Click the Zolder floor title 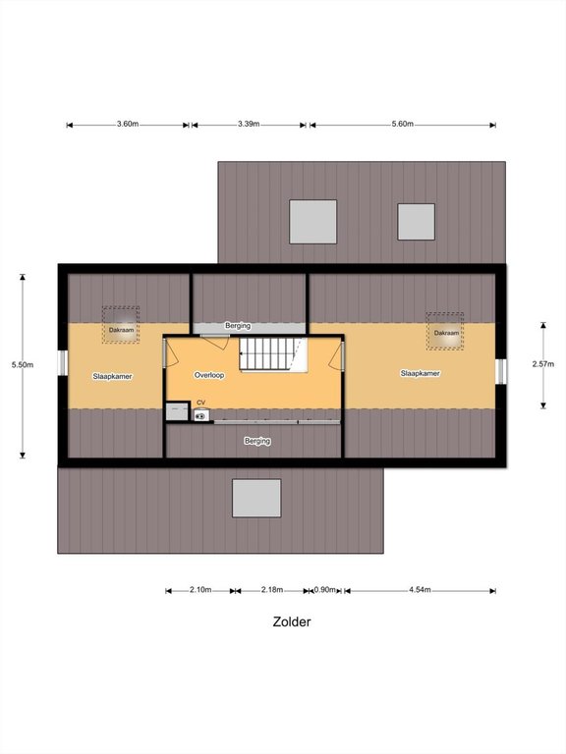coord(292,621)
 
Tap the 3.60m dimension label coord(128,124)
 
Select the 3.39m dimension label coord(249,124)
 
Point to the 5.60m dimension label coord(402,124)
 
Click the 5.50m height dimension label coord(23,364)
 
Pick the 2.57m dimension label coord(542,364)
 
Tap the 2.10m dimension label coord(200,589)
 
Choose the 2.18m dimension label coord(272,589)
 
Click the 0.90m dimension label coord(325,589)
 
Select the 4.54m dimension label coord(420,589)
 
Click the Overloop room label coord(209,375)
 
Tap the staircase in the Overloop coord(268,353)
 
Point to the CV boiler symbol coord(201,415)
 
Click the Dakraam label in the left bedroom coord(121,330)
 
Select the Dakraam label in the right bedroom coord(446,333)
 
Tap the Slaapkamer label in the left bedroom coord(112,377)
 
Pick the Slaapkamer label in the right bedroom coord(421,373)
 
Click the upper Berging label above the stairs coord(238,326)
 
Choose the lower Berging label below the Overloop coord(257,441)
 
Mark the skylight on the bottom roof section coord(256,498)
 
